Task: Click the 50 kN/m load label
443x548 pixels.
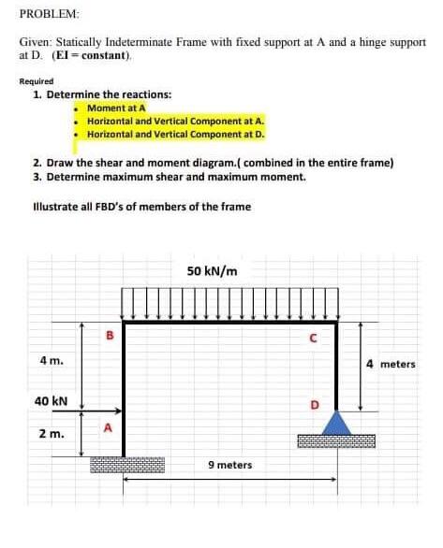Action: [x=212, y=271]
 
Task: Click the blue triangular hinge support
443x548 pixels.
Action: [x=336, y=425]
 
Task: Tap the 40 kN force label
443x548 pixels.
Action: [x=49, y=399]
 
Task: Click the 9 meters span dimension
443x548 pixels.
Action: [x=229, y=465]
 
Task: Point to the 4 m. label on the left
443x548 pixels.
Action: [x=52, y=360]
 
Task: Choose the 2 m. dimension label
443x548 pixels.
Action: [x=51, y=434]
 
